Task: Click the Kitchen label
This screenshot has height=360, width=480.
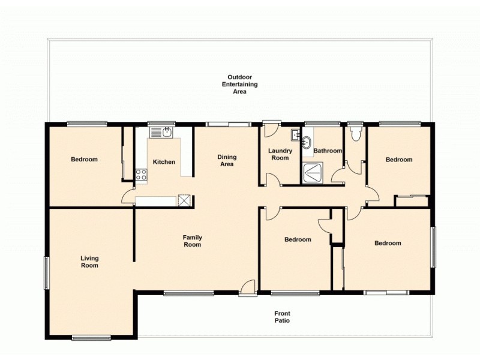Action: point(164,162)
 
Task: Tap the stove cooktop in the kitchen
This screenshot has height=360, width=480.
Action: point(142,175)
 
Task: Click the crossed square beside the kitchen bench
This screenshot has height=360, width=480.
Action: point(184,201)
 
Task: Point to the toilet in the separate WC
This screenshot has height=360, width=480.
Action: point(355,134)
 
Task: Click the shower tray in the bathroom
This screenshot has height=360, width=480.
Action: point(313,172)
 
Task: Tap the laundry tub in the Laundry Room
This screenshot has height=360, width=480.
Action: point(296,134)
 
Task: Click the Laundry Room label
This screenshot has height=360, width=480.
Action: point(280,154)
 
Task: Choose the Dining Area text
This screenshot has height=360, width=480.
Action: point(227,160)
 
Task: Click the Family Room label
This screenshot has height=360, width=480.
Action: point(192,241)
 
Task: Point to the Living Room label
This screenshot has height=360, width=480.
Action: point(89,262)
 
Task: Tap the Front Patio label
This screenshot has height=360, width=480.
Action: point(282,317)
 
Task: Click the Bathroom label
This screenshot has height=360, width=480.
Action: point(328,151)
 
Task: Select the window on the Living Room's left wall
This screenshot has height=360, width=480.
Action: point(46,273)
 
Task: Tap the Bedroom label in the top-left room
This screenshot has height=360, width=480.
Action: point(84,159)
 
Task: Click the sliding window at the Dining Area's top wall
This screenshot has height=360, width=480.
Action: point(228,124)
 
